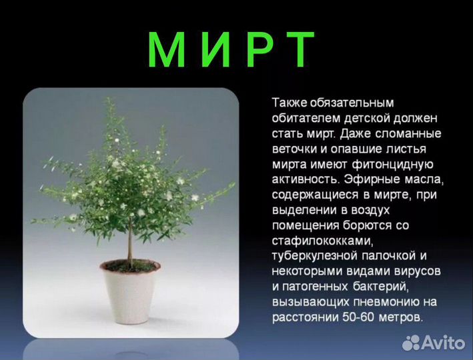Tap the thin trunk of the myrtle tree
tap(130, 240)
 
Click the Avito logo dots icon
tap(412, 343)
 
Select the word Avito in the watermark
tap(444, 343)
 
